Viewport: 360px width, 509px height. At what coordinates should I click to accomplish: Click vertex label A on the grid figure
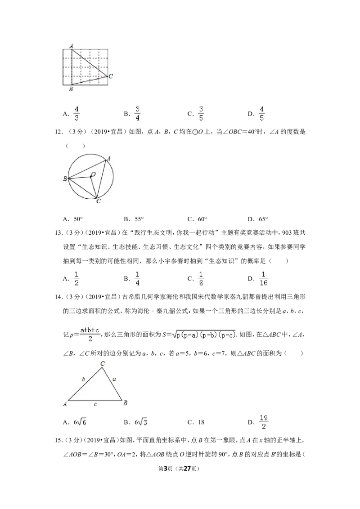[x=72, y=46]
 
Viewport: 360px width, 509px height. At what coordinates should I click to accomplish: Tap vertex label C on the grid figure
[x=111, y=76]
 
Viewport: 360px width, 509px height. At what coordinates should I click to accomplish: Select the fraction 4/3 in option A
[x=76, y=113]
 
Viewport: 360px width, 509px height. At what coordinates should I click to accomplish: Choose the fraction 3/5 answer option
[x=201, y=113]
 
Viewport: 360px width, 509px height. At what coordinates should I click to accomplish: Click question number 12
[x=58, y=132]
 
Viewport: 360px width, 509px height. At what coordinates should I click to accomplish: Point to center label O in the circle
[x=93, y=174]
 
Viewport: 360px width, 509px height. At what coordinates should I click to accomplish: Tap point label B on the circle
[x=65, y=179]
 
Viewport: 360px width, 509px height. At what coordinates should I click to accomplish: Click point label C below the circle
[x=99, y=201]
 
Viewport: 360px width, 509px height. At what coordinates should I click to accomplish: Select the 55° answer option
[x=139, y=219]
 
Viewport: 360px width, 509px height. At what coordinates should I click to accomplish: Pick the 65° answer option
[x=263, y=219]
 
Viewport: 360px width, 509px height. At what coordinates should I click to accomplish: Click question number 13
[x=58, y=233]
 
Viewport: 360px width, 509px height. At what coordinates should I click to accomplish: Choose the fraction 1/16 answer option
[x=263, y=278]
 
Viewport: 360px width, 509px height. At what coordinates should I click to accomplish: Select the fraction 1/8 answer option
[x=201, y=278]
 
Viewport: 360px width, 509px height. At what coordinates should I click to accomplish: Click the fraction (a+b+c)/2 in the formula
[x=90, y=335]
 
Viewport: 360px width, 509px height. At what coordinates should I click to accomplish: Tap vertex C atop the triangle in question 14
[x=102, y=364]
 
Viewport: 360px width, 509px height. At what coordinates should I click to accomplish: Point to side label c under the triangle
[x=95, y=405]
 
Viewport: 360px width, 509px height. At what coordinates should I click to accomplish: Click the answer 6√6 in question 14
[x=80, y=422]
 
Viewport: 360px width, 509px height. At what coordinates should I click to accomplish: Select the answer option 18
[x=201, y=422]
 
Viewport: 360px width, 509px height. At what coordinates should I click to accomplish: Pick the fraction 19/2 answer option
[x=264, y=422]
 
